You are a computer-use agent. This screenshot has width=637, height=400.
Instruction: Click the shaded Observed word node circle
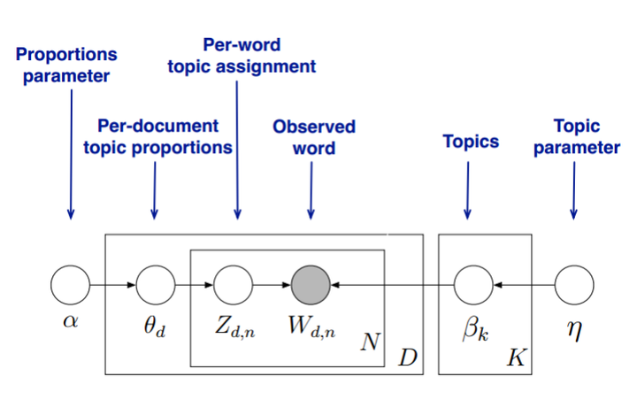311,286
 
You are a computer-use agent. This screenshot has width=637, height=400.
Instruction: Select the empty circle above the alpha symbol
71,286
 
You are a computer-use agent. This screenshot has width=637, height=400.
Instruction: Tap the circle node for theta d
155,286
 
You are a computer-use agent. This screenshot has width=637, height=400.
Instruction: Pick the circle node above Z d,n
234,286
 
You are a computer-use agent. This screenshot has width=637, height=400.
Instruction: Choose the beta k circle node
473,286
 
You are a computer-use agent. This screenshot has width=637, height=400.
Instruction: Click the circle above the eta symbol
574,286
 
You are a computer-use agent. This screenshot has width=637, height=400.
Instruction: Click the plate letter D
408,358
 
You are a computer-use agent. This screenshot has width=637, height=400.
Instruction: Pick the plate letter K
515,358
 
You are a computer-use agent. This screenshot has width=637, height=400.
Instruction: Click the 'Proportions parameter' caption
65,65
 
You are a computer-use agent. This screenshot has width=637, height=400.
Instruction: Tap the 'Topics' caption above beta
471,141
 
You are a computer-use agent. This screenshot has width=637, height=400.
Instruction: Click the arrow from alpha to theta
113,286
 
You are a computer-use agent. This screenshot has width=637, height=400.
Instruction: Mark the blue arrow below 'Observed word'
311,189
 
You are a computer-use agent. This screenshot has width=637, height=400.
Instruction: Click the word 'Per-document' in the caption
157,127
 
